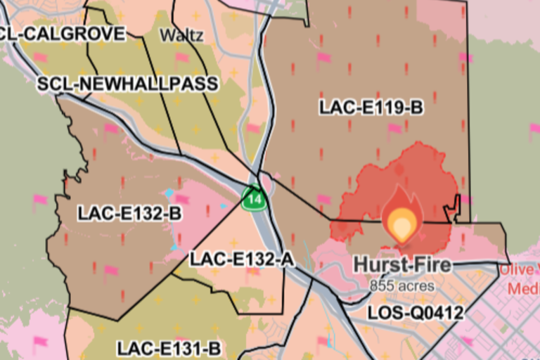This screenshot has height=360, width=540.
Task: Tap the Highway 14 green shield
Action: (x=253, y=199)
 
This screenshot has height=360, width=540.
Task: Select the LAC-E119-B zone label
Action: (x=371, y=108)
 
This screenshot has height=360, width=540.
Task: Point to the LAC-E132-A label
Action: (x=241, y=259)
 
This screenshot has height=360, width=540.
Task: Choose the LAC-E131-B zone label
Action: (x=169, y=348)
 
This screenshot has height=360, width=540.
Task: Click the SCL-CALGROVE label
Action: (x=63, y=33)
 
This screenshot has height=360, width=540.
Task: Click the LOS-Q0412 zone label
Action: (x=416, y=312)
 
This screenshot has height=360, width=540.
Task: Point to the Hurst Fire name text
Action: (x=401, y=265)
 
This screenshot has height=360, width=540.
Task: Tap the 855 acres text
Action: (x=401, y=286)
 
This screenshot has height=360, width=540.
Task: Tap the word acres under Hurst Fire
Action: (x=416, y=286)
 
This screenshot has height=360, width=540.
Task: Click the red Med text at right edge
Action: (x=523, y=288)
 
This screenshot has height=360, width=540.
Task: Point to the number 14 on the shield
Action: (x=253, y=200)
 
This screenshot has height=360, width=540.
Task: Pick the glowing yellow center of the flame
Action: (x=401, y=226)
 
